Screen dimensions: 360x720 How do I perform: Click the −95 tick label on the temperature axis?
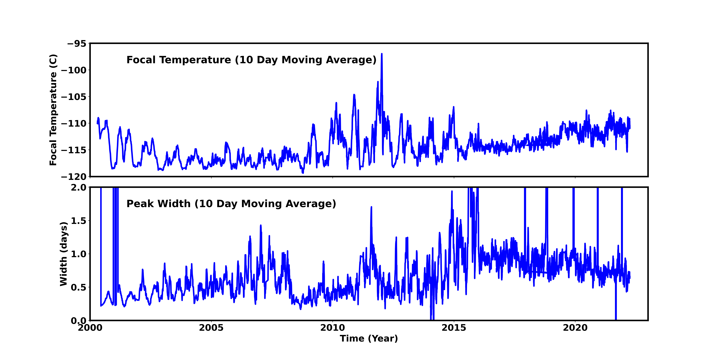77,44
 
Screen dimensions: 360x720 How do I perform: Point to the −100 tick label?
74,70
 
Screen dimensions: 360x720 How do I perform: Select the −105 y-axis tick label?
74,97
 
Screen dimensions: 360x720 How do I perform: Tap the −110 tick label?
74,124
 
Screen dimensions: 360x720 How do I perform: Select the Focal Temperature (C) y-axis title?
53,110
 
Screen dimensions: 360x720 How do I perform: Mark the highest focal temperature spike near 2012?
381,54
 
